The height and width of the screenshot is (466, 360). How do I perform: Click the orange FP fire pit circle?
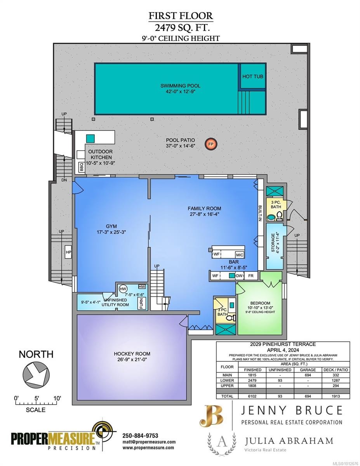point(211,144)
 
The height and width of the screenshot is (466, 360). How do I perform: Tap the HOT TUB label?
point(252,77)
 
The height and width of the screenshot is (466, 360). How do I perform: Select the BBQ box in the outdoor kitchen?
point(82,167)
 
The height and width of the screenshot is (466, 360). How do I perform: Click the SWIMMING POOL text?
point(181,86)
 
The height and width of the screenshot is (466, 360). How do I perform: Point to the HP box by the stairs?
point(68,252)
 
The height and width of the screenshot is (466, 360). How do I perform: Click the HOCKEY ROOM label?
point(132,354)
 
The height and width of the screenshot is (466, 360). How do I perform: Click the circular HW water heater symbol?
point(123,289)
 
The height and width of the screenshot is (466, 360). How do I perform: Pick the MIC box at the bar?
point(239,255)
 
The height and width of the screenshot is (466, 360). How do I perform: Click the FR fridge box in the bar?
point(250,275)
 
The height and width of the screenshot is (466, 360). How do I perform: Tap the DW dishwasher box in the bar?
point(240,275)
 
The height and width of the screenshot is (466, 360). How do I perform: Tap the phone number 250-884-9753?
point(140,435)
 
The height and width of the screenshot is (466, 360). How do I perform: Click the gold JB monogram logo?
point(212,416)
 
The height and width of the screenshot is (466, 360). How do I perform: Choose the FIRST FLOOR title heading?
point(181,16)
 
